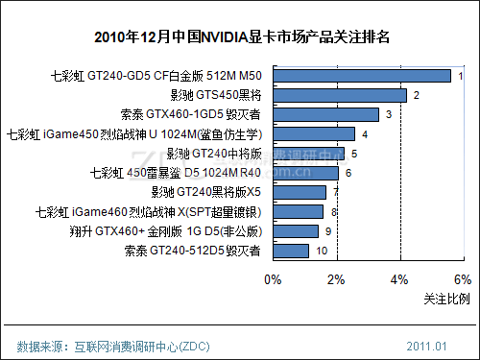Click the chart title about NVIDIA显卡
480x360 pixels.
pyautogui.click(x=240, y=38)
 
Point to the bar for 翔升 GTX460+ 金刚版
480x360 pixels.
pyautogui.click(x=296, y=231)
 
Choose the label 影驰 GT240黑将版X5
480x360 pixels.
pyautogui.click(x=205, y=192)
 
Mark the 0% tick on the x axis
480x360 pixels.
pyautogui.click(x=273, y=279)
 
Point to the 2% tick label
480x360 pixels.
pyautogui.click(x=336, y=279)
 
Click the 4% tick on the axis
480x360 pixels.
pyautogui.click(x=399, y=279)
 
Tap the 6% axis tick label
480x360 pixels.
pyautogui.click(x=462, y=279)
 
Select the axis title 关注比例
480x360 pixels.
pyautogui.click(x=446, y=300)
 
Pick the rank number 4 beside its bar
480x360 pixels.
pyautogui.click(x=365, y=133)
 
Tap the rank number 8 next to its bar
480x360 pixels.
pyautogui.click(x=333, y=212)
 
